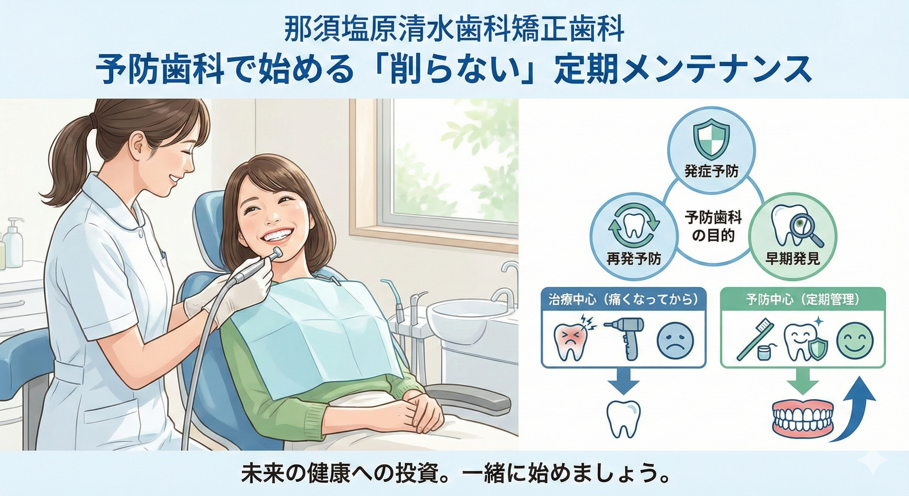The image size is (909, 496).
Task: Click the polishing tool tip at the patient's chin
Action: (x=278, y=253)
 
